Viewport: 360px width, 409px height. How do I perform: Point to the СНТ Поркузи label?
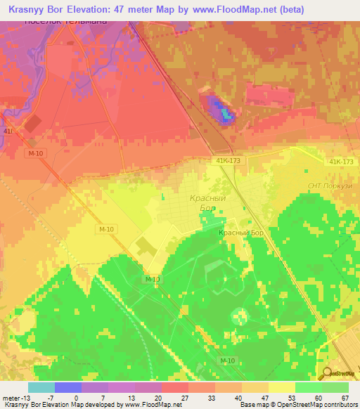(328, 186)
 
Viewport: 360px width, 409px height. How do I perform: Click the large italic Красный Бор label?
(207, 204)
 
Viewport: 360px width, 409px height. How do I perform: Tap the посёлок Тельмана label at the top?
(65, 22)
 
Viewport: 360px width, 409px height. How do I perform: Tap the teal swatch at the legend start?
(41, 387)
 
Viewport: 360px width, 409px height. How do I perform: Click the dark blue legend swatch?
(68, 387)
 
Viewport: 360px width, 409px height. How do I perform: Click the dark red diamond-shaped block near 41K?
(33, 124)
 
